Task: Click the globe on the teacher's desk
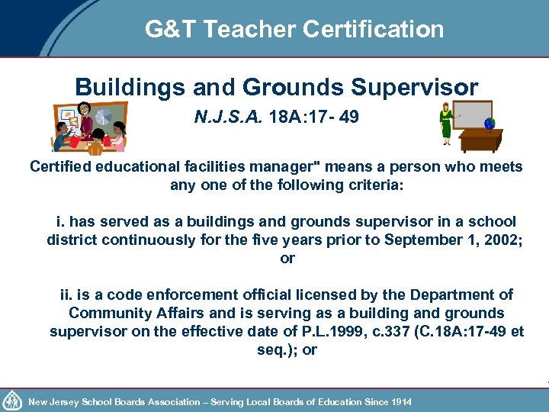[490, 122]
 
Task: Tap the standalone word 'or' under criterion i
[287, 258]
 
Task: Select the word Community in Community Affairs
[106, 313]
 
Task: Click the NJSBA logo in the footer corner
[13, 400]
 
